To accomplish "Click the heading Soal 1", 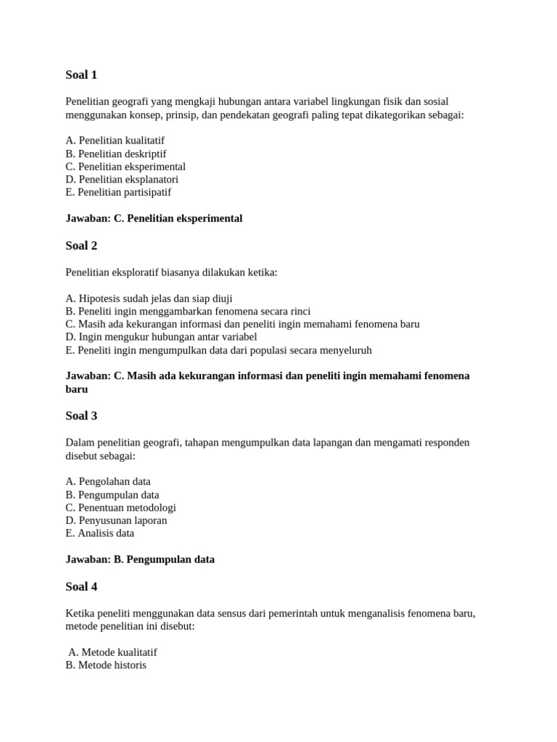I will (x=81, y=75).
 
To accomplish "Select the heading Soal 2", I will (x=81, y=246).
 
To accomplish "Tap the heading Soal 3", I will (x=81, y=416).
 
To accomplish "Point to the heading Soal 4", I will (x=81, y=586).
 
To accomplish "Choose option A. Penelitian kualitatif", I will (x=120, y=141).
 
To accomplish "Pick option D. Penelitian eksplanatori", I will (x=122, y=179).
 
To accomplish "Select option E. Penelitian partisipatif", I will (x=118, y=192).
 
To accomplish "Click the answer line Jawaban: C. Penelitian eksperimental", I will (x=154, y=218).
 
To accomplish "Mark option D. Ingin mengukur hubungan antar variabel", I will (x=161, y=337).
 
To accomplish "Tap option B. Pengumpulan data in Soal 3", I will (x=112, y=495).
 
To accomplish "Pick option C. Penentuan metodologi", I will (x=120, y=507).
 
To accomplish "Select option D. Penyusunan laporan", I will (x=116, y=520).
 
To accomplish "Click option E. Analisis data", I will (x=99, y=533).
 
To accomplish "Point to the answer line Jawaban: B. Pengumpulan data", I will (x=140, y=559).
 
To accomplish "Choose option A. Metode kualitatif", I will (x=112, y=652).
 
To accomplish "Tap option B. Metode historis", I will (x=106, y=665).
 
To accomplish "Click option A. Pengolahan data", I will (x=108, y=482).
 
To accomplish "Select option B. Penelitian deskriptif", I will (x=116, y=154).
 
